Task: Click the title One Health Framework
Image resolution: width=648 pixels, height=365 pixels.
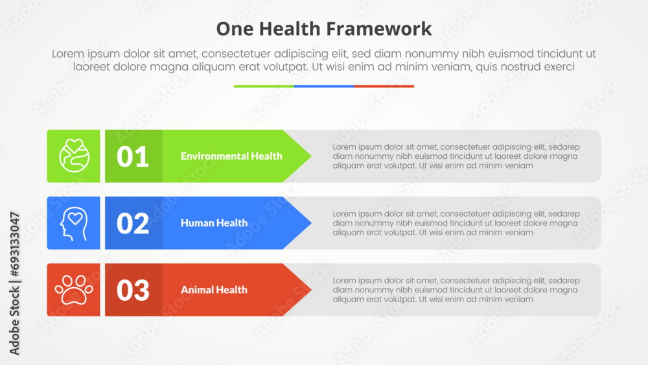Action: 324,29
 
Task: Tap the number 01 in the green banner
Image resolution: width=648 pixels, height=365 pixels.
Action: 133,157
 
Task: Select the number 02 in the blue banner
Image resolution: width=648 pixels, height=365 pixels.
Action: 133,224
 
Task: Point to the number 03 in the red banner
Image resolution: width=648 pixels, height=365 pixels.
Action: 133,290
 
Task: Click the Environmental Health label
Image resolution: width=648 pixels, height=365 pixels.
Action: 231,156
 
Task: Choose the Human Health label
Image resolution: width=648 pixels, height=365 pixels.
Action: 214,223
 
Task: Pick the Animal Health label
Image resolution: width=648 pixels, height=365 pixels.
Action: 214,290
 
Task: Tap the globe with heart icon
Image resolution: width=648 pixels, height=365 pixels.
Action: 74,156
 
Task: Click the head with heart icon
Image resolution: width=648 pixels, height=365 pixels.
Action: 74,223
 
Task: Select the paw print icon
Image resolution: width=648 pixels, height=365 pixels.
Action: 74,290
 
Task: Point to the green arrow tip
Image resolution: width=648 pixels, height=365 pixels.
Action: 311,156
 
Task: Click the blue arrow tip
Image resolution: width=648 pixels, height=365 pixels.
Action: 311,223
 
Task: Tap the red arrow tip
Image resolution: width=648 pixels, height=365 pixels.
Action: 311,290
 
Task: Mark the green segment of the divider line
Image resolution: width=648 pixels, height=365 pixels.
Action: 264,86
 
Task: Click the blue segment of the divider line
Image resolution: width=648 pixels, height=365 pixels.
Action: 324,86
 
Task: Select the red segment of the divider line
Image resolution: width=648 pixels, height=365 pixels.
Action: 384,86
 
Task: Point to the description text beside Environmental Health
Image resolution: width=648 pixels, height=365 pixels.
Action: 456,156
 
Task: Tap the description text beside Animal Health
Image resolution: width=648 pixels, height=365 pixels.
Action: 456,290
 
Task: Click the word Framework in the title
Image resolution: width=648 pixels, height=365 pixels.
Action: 379,29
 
